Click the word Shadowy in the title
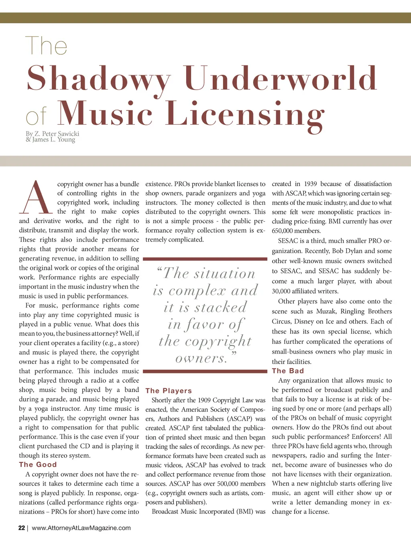[x=99, y=79]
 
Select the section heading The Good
[x=38, y=464]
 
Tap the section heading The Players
[x=169, y=391]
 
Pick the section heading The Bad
[x=288, y=371]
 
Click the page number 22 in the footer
[x=22, y=528]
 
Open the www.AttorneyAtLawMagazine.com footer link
[x=81, y=528]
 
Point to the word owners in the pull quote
[x=201, y=358]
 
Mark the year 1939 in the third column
[x=310, y=184]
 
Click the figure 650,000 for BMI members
[x=282, y=231]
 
